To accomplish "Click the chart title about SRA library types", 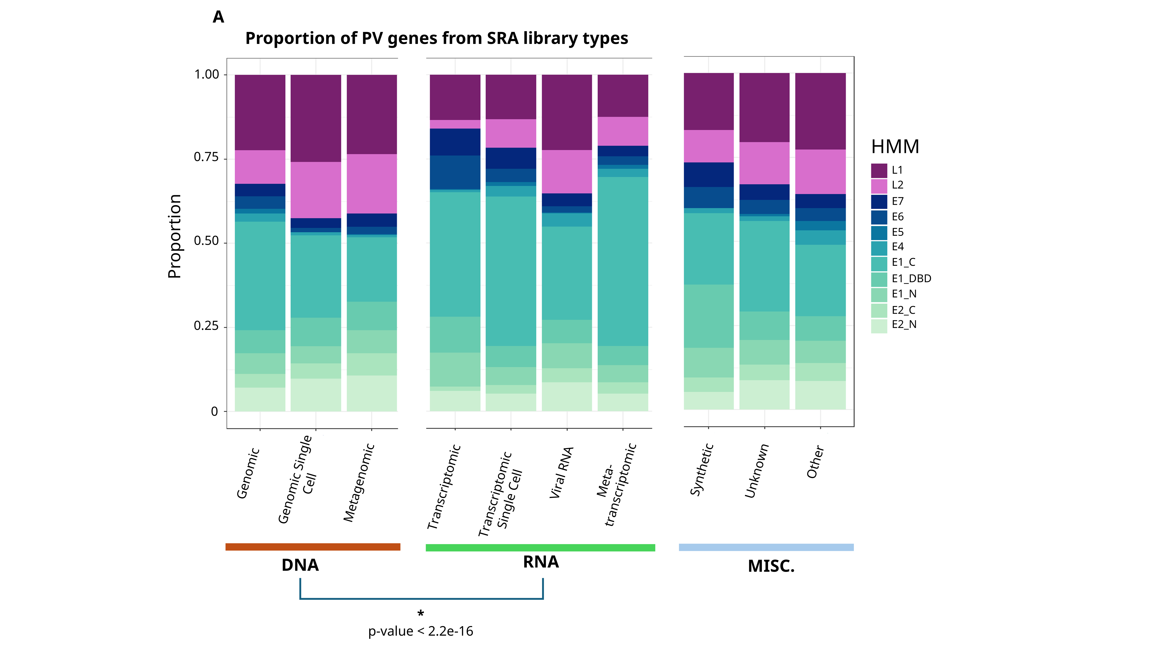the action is (437, 38).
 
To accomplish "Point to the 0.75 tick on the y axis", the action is (206, 157).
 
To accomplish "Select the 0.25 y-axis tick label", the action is (206, 326).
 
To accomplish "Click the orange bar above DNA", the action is (313, 547).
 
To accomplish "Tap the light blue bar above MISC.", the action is (766, 547).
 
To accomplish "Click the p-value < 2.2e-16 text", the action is (421, 631).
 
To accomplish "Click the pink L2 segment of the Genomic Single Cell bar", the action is (316, 190).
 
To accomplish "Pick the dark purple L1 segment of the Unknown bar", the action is (764, 107).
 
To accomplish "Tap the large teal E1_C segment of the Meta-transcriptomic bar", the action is (623, 261).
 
